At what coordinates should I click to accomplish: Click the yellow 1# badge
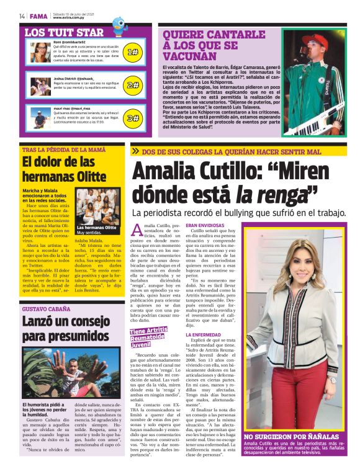click(x=132, y=52)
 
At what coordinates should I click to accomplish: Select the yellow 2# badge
click(x=132, y=85)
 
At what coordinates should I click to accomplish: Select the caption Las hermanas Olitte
click(x=96, y=228)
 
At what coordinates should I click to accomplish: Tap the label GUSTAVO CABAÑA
click(x=45, y=308)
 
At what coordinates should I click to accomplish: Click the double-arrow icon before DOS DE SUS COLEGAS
click(x=135, y=151)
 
